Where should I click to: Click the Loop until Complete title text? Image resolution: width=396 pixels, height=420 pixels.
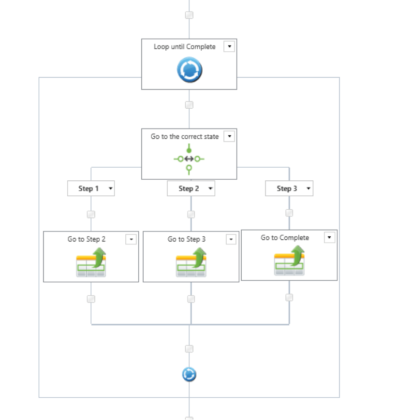(184, 47)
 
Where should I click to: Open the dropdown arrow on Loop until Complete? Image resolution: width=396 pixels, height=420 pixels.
(229, 46)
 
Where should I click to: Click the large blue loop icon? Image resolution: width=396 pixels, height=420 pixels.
(189, 71)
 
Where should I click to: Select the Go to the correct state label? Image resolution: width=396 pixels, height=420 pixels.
(184, 137)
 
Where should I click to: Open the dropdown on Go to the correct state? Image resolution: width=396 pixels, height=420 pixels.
(229, 136)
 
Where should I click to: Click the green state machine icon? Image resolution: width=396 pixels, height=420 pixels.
(189, 159)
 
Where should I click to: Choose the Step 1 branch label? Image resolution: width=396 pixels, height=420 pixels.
(88, 188)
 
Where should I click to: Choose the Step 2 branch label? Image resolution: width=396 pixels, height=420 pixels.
(189, 188)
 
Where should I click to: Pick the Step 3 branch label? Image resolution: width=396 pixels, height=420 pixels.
(287, 188)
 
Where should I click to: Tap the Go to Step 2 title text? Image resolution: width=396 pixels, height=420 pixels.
(87, 239)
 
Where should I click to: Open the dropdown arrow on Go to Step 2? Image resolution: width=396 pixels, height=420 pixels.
(131, 239)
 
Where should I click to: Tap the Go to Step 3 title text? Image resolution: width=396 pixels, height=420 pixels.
(187, 239)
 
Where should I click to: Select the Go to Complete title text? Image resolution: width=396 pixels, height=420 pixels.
(285, 238)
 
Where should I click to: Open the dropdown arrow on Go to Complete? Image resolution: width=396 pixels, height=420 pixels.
(329, 237)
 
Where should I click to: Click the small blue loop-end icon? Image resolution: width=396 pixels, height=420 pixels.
(189, 375)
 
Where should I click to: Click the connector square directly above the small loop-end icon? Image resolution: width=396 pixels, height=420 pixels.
(189, 349)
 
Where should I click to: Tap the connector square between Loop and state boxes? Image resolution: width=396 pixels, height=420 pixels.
(189, 105)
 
